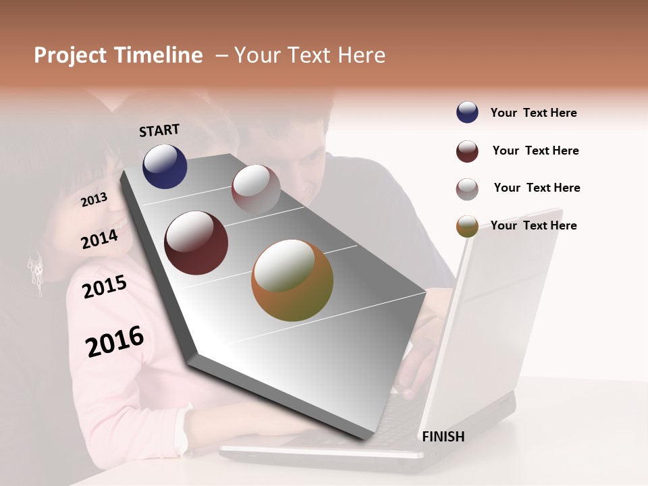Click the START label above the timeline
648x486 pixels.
point(159,130)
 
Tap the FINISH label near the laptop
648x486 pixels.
point(443,437)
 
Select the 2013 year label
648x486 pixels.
point(94,199)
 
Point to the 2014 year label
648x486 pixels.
point(99,239)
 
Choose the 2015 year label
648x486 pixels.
point(104,287)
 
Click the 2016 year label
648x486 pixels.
point(115,341)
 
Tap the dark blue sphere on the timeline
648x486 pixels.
point(165,166)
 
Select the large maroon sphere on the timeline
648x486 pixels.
point(196,243)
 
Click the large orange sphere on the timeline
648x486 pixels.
point(292,279)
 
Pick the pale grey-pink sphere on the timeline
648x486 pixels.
point(256,188)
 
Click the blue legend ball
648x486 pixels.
point(467,113)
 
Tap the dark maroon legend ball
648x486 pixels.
point(467,151)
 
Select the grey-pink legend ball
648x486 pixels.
point(467,189)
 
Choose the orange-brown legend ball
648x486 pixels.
point(467,226)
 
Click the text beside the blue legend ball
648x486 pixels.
point(533,113)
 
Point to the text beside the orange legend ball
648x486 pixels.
point(533,225)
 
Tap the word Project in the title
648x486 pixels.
point(70,55)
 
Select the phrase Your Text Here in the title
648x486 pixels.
point(309,55)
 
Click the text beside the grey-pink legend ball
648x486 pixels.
point(537,188)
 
